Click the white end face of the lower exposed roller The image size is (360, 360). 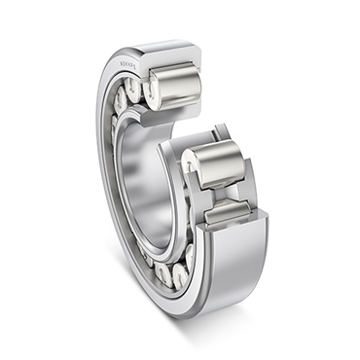point(198,169)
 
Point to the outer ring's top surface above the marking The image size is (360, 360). point(146,47)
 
